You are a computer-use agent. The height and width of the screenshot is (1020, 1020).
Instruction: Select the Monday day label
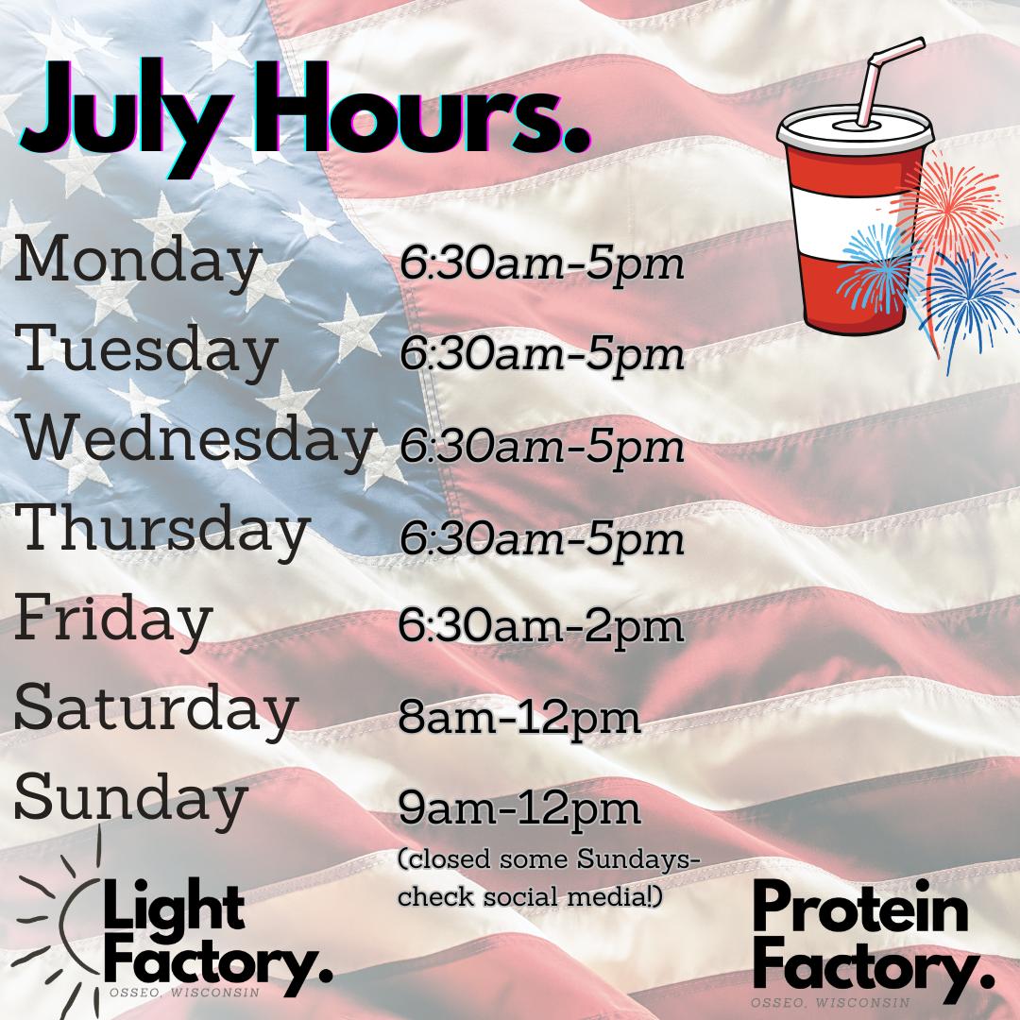click(137, 262)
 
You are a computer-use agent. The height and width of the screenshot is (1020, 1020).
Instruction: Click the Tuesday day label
click(145, 350)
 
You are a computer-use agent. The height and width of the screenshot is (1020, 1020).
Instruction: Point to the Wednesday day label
click(196, 440)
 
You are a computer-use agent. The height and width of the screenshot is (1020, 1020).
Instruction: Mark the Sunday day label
click(131, 800)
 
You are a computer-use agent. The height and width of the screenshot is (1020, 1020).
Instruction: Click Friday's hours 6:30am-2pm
click(541, 626)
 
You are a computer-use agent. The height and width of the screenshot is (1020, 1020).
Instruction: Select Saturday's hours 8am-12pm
click(519, 718)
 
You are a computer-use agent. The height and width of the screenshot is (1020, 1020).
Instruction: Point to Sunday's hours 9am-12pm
click(519, 808)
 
